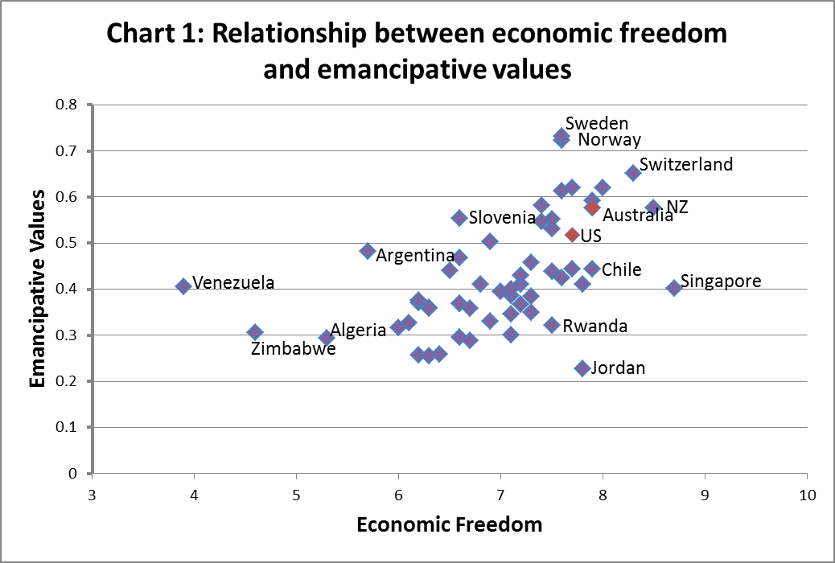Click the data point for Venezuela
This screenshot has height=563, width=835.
tap(183, 286)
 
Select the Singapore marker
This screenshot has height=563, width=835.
tap(674, 288)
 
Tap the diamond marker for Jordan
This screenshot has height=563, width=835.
tap(582, 368)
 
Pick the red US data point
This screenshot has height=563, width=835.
tap(572, 235)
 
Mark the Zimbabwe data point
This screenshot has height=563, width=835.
tap(255, 332)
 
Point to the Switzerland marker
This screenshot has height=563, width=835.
tap(633, 172)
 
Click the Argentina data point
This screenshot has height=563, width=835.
tap(368, 251)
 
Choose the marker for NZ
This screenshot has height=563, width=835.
tap(653, 208)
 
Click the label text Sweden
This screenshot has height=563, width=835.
tap(597, 123)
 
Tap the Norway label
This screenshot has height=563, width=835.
tap(609, 140)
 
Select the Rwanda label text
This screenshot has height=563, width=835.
tap(594, 326)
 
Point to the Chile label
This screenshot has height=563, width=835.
tap(622, 269)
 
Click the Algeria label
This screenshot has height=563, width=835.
tap(359, 330)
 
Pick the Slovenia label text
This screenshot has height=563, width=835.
tap(502, 217)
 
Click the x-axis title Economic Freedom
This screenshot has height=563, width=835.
tap(449, 525)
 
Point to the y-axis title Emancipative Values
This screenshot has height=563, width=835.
tap(37, 289)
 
